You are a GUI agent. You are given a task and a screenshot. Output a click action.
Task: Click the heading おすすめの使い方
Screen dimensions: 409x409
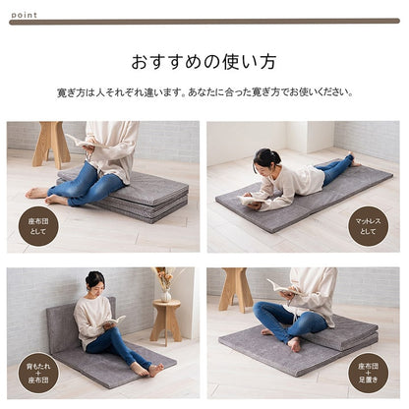[x=204, y=61]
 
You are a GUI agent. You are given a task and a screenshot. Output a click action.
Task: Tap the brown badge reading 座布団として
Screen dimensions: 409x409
[x=37, y=225]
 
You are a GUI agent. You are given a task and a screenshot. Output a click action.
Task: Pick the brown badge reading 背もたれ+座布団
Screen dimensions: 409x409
[x=37, y=373]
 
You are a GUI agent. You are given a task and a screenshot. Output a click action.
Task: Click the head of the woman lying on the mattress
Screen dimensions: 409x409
[x=266, y=160]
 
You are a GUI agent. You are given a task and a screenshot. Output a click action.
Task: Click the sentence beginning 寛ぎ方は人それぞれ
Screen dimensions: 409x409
[x=204, y=92]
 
